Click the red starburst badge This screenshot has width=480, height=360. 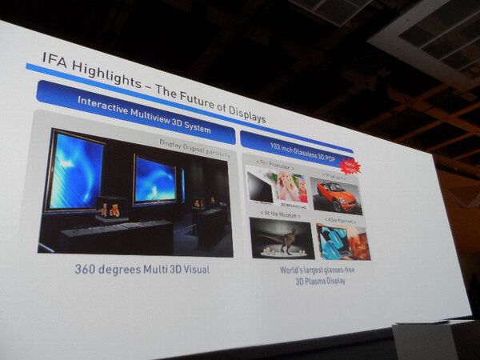[349, 166]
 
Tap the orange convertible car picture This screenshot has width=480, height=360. [336, 194]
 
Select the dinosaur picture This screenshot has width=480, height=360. [281, 238]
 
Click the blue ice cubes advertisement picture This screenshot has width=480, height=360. [343, 241]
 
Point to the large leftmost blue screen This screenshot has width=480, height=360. [74, 170]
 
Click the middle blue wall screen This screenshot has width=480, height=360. [154, 179]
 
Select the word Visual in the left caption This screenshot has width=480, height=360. [193, 270]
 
